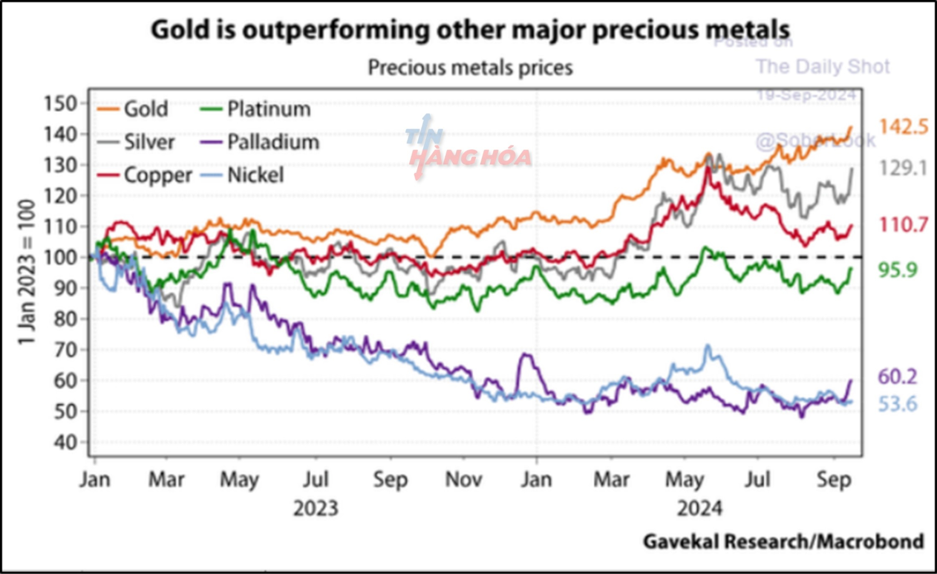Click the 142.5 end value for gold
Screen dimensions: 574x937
coord(903,127)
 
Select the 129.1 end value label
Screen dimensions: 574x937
coord(902,169)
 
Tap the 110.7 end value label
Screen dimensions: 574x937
coord(903,225)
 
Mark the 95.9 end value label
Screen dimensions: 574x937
coord(898,270)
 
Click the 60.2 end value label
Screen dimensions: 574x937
coord(897,377)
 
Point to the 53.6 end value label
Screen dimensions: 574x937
coord(897,404)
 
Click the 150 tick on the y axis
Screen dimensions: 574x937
coord(61,103)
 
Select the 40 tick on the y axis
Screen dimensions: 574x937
coord(65,443)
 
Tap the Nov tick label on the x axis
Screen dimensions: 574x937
coord(463,480)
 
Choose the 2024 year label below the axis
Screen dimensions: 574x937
coord(699,509)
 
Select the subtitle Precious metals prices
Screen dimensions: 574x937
coord(470,67)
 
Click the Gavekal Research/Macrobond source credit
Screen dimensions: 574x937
coord(783,541)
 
